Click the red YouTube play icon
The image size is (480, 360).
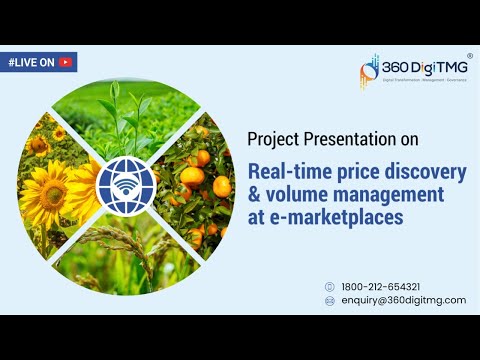[65, 62]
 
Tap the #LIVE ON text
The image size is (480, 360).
[30, 62]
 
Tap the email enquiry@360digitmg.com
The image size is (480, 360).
[402, 300]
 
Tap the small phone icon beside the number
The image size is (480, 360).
[329, 286]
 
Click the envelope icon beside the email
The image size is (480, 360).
[329, 300]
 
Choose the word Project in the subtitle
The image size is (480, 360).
[270, 138]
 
